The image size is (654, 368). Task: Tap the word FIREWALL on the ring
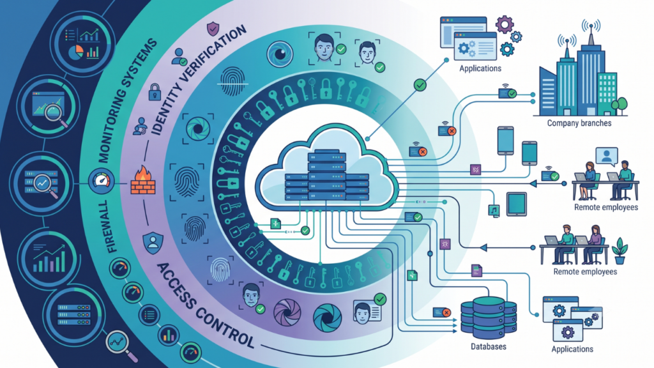click(x=108, y=227)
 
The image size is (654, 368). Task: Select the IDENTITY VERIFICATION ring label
click(x=198, y=80)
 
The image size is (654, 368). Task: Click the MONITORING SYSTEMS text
click(x=127, y=100)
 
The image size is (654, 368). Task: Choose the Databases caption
click(x=489, y=346)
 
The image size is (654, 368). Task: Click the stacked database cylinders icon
click(x=489, y=318)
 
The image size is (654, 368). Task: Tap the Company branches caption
click(x=579, y=123)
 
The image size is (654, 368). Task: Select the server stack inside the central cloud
click(x=326, y=175)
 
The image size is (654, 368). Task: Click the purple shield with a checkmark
click(x=213, y=29)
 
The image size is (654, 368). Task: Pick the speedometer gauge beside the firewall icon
click(x=102, y=181)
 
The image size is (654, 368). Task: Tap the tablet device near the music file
click(x=516, y=204)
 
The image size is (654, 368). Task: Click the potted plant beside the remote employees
click(x=620, y=250)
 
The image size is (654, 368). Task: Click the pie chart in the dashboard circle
click(x=76, y=52)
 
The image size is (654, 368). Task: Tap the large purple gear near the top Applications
click(x=505, y=25)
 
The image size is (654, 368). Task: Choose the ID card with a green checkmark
click(x=368, y=310)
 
